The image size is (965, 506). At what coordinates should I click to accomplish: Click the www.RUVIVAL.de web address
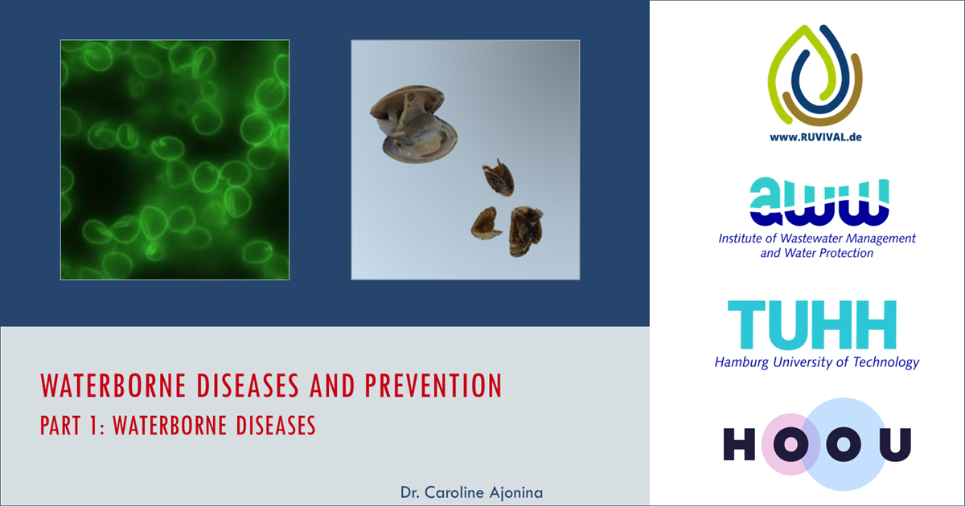815,137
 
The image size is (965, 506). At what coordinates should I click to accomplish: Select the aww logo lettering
819,202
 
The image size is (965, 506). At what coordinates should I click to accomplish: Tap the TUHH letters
812,324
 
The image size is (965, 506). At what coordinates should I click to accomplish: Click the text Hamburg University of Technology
817,362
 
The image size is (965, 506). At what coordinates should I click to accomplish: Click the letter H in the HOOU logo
739,444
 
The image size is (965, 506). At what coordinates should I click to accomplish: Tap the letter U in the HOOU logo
895,444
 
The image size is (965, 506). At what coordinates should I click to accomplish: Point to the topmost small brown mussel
499,178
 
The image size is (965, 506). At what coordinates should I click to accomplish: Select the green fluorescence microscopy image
175,160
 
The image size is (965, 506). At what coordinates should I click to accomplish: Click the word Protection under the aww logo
847,253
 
